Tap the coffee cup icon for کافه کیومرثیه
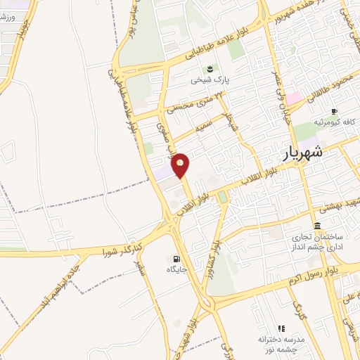(334, 111)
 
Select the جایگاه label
(174, 269)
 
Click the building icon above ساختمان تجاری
(318, 226)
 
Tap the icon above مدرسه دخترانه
(281, 328)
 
